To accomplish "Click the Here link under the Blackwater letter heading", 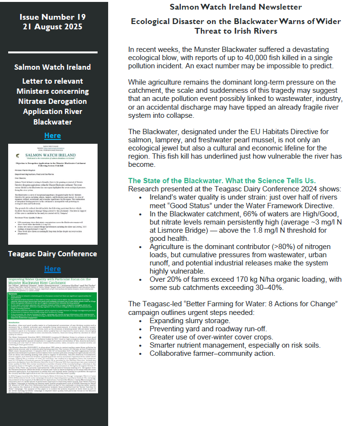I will coord(52,135).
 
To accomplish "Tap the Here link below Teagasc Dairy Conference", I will coord(52,268).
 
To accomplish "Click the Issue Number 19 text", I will coord(53,17).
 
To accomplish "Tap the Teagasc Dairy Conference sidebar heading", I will coord(52,253).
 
